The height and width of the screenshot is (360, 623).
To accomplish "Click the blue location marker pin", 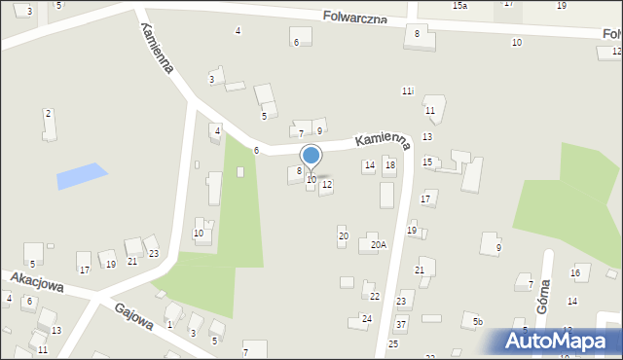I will [x=311, y=156].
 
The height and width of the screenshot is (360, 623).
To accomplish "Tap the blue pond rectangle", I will [x=82, y=176].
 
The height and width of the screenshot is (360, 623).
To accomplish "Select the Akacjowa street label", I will [x=38, y=282].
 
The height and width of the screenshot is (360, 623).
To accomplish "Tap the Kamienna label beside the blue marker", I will [x=383, y=142].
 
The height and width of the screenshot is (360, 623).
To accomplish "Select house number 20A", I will [x=378, y=245].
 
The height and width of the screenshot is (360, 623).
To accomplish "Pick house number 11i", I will [x=408, y=90].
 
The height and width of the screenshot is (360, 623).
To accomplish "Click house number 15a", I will [x=459, y=5].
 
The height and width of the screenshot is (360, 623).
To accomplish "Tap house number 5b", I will [x=477, y=321].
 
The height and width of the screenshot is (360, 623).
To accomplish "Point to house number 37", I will [x=401, y=323].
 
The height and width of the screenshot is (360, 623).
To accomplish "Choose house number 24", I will [x=367, y=318].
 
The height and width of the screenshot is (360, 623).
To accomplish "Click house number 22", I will [x=375, y=296].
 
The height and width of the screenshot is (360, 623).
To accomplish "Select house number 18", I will [x=389, y=165].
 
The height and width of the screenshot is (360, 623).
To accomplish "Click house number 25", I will [x=393, y=343].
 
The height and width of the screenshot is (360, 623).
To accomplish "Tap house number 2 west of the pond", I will [x=48, y=114].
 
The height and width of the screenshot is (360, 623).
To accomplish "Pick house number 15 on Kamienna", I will [x=426, y=162].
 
